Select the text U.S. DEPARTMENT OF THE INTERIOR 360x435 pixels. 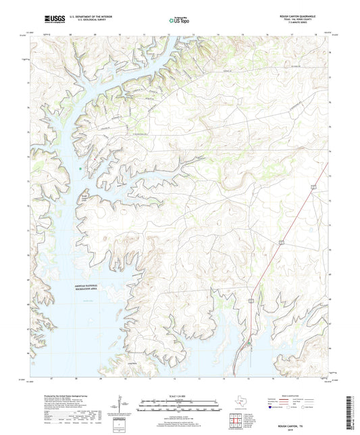pos(86,18)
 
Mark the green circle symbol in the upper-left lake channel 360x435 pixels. pos(80,169)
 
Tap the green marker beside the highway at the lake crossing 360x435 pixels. pos(249,344)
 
